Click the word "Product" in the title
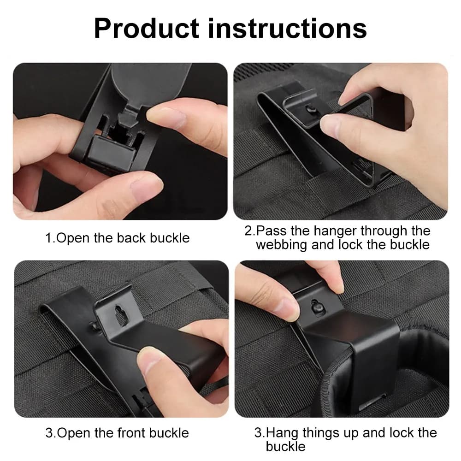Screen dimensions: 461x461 146,28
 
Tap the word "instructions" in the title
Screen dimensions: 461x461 287,28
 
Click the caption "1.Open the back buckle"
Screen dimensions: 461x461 117,238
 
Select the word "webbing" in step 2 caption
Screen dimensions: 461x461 281,244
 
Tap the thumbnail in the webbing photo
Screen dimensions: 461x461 330,124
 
